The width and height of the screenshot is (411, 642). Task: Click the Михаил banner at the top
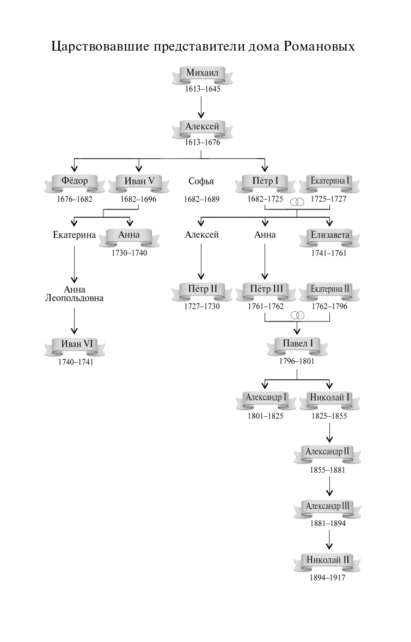pyautogui.click(x=203, y=74)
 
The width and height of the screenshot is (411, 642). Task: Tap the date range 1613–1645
pyautogui.click(x=203, y=89)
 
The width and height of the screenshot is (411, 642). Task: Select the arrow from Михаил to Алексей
pyautogui.click(x=202, y=107)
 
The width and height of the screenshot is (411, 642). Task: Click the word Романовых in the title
pyautogui.click(x=320, y=46)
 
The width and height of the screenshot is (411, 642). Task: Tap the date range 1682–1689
pyautogui.click(x=201, y=199)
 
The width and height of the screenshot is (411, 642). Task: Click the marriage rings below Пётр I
pyautogui.click(x=297, y=202)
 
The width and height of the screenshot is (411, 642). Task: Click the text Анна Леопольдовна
pyautogui.click(x=75, y=294)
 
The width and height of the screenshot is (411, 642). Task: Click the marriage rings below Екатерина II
pyautogui.click(x=297, y=316)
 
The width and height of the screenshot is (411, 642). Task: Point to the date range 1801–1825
pyautogui.click(x=266, y=416)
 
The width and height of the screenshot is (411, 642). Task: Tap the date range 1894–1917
pyautogui.click(x=328, y=578)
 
